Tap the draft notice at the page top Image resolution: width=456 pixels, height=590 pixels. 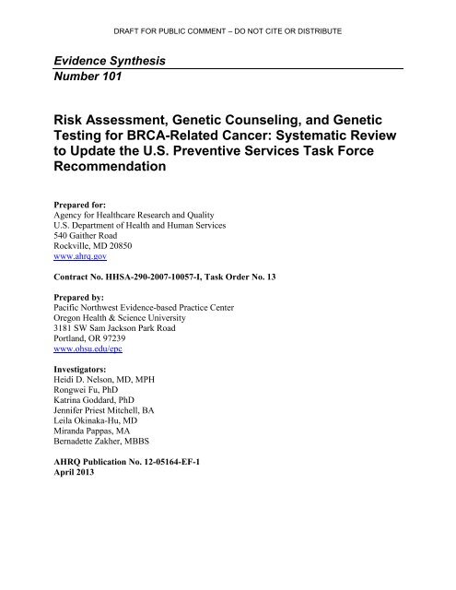(228, 30)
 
